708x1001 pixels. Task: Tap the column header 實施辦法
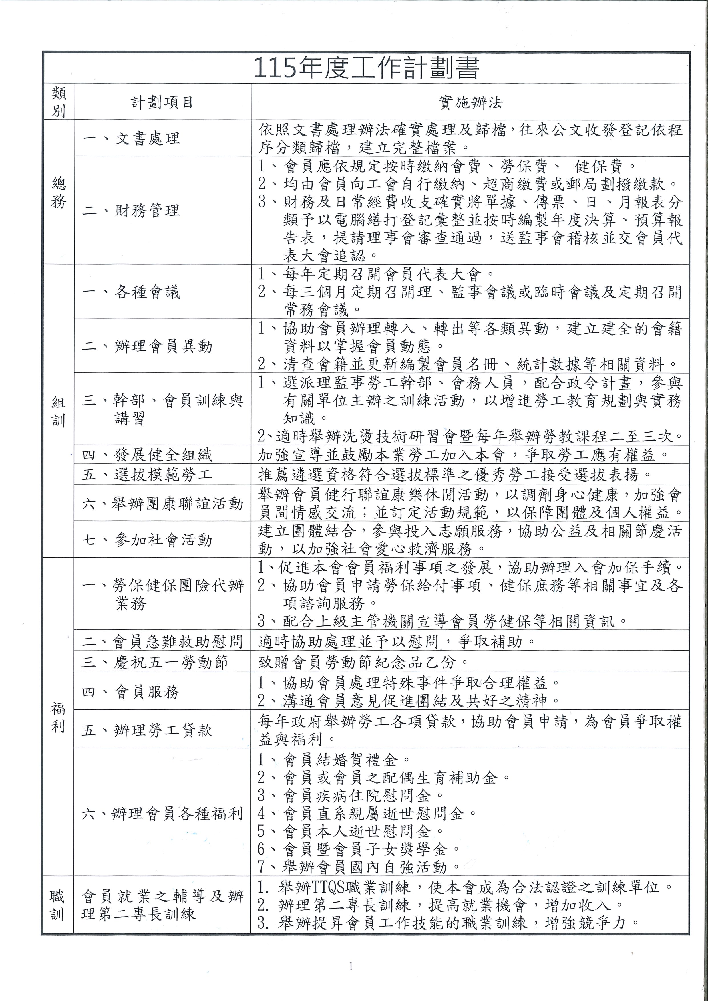[470, 102]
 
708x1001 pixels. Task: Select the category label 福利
[58, 717]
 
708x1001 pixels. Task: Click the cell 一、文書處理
[131, 138]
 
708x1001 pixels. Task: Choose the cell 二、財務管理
[131, 211]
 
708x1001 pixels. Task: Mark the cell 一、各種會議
[131, 292]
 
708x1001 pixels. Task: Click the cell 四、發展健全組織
[147, 455]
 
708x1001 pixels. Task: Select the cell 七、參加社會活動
[147, 540]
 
